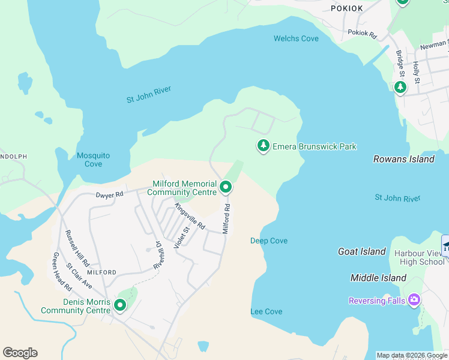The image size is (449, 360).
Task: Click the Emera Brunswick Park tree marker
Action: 263,146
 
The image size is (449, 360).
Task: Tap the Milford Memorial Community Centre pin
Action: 226,187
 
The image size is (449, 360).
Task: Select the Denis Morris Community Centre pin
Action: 120,306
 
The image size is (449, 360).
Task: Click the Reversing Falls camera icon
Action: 414,300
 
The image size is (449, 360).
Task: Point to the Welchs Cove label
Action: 296,38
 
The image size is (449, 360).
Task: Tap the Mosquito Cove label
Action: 93,160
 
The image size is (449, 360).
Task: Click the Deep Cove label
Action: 268,241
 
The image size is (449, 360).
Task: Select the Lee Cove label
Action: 266,311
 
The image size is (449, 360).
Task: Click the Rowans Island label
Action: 403,160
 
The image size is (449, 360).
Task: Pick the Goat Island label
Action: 361,252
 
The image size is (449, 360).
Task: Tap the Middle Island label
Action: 378,278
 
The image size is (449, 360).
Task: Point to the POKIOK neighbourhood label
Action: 347,8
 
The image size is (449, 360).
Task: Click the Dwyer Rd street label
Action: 109,194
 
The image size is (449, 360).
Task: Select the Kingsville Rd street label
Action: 190,216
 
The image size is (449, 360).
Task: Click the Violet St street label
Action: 181,236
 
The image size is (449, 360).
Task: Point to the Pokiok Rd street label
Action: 362,34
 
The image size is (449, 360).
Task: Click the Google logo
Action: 20,353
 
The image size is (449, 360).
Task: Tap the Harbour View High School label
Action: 419,257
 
